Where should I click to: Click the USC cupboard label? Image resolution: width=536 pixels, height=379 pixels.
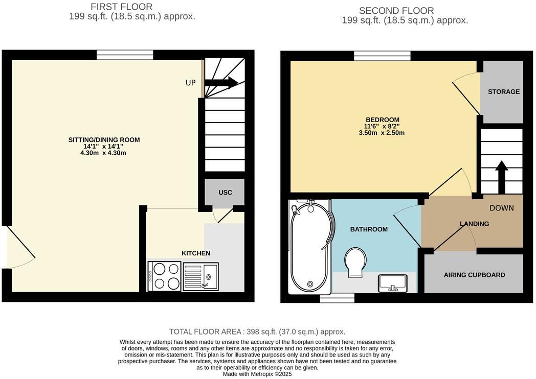(x=225, y=193)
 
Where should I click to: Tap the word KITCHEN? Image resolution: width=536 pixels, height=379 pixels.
(x=196, y=253)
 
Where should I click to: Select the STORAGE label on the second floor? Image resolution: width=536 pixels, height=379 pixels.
(x=503, y=92)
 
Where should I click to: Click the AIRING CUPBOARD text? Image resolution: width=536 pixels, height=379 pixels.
(x=474, y=275)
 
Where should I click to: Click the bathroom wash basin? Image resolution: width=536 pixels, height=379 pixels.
(x=393, y=283)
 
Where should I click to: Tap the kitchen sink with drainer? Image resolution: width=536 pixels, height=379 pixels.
(x=200, y=276)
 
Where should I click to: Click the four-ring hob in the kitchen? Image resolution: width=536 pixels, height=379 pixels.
(x=164, y=276)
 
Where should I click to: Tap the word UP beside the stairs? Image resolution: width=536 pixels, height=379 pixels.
(x=190, y=83)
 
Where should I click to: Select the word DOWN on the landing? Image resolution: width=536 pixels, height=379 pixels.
(x=501, y=208)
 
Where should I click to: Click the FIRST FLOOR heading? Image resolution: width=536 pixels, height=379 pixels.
(x=121, y=7)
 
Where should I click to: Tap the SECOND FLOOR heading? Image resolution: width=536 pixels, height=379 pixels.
(x=396, y=11)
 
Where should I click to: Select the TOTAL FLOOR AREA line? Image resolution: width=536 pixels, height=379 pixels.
(x=257, y=331)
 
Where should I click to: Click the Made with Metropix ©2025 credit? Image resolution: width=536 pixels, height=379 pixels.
(x=257, y=374)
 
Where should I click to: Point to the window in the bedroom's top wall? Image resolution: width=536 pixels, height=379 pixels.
(x=382, y=56)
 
